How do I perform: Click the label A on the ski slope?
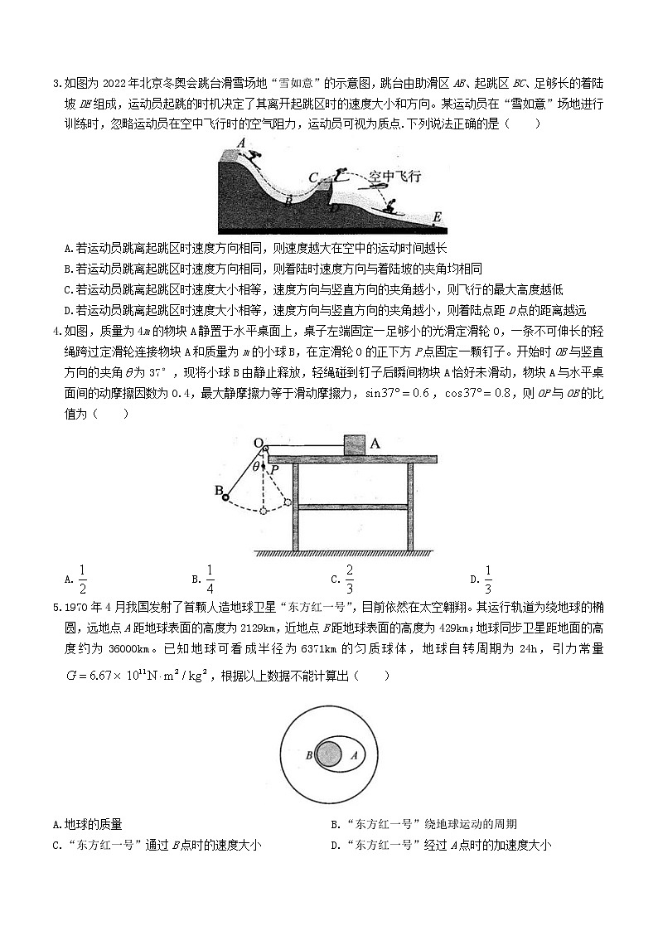click(x=240, y=143)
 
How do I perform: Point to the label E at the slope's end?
click(x=436, y=217)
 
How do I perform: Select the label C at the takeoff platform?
click(x=313, y=177)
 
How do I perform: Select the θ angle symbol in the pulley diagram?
click(x=256, y=467)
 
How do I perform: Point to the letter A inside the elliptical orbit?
click(x=354, y=755)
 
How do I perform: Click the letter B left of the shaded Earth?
click(x=309, y=755)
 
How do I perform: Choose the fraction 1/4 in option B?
click(x=210, y=579)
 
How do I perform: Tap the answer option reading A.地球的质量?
click(x=87, y=824)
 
